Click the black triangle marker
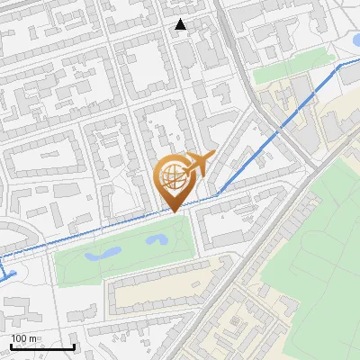click(x=181, y=24)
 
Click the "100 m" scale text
click(x=24, y=337)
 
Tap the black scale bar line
click(x=42, y=346)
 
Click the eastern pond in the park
click(x=158, y=240)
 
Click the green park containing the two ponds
click(x=126, y=256)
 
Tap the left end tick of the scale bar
click(x=11, y=346)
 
